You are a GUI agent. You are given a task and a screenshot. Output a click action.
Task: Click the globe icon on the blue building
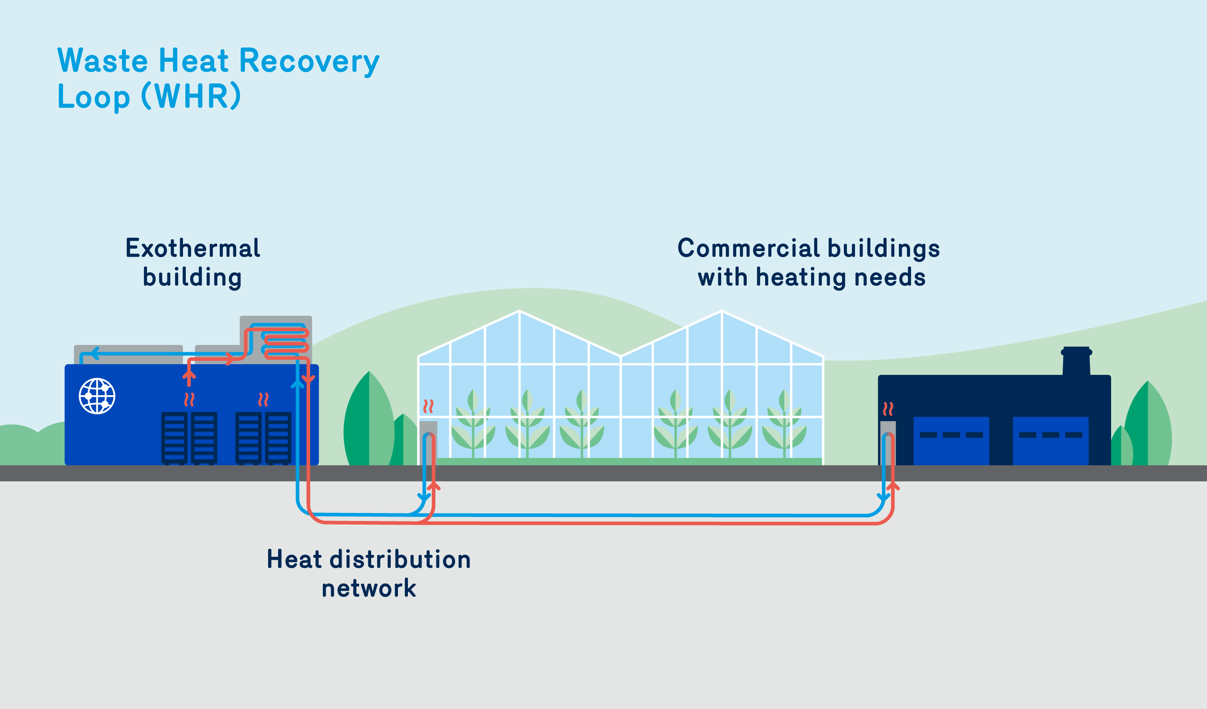click(x=97, y=396)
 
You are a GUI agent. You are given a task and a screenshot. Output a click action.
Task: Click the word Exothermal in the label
click(x=193, y=248)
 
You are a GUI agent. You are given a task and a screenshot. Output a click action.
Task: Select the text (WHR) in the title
click(x=191, y=96)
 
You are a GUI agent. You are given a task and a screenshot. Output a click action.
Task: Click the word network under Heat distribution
click(x=368, y=588)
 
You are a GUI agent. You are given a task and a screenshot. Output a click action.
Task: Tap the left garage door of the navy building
click(x=951, y=440)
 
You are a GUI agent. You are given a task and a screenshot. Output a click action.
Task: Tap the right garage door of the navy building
click(x=1050, y=440)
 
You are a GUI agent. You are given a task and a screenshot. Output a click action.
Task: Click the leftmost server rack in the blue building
click(x=174, y=437)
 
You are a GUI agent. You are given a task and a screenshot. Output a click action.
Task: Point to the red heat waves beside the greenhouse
click(x=428, y=406)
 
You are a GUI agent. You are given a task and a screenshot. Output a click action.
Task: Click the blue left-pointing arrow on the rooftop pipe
click(x=95, y=354)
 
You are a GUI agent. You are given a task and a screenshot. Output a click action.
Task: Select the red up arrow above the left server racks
click(x=189, y=376)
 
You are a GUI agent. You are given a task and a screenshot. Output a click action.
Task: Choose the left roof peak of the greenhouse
click(x=519, y=312)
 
